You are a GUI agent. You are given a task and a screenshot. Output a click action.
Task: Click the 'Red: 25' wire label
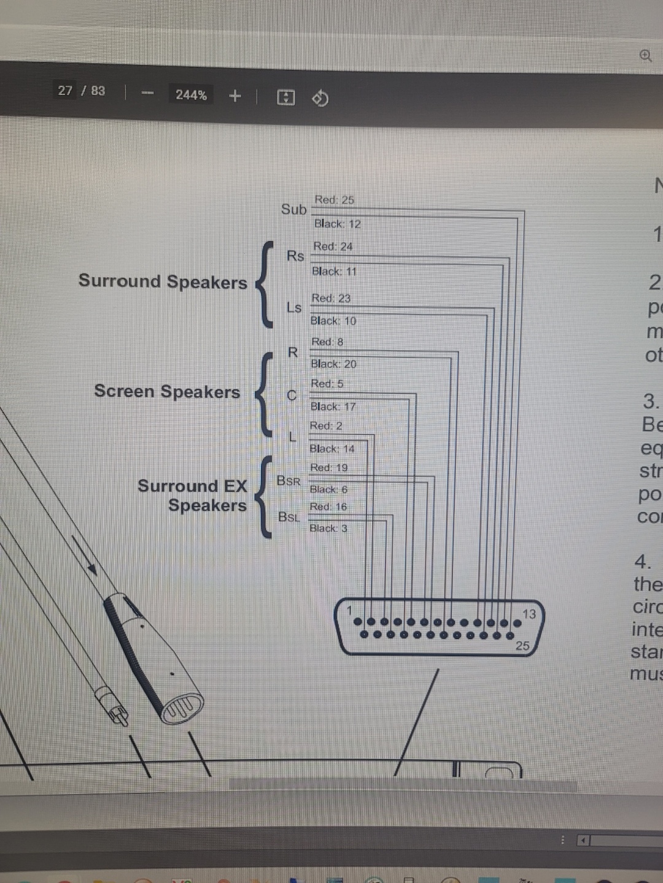334,200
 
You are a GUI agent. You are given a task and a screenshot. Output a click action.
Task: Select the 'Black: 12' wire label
337,224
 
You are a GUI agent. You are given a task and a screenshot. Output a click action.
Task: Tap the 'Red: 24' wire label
333,247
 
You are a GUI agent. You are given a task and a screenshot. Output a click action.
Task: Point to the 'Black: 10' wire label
333,321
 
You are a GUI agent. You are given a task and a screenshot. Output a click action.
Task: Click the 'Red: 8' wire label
327,342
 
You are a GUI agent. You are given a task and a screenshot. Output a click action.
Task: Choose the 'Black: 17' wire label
333,407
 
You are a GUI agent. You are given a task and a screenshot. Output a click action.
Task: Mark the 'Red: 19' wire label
328,467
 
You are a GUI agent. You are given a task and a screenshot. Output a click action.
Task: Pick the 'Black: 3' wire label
328,528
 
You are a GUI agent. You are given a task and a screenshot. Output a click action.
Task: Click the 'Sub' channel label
293,209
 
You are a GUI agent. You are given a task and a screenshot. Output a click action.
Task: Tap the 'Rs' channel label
295,256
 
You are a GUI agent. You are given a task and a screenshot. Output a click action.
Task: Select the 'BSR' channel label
289,481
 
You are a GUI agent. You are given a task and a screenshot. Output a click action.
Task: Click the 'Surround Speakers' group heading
163,281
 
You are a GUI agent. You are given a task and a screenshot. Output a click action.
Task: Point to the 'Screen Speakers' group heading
167,391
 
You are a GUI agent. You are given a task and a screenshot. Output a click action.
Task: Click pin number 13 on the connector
529,614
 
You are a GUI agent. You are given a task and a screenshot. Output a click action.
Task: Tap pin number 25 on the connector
522,646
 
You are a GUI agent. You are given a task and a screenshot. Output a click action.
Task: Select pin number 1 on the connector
349,610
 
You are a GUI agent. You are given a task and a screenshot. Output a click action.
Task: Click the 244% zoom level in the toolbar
191,95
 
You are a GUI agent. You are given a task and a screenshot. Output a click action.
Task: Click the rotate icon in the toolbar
320,97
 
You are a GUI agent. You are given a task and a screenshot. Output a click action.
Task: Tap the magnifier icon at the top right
646,56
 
